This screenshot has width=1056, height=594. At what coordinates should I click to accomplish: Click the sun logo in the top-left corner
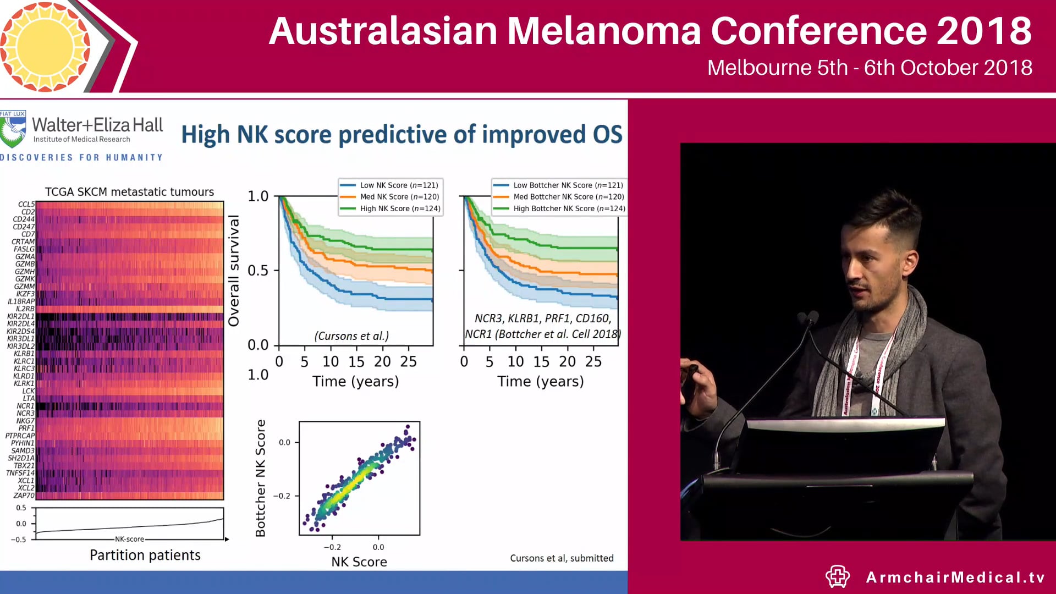point(45,46)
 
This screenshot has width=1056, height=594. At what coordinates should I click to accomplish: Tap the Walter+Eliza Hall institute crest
point(13,129)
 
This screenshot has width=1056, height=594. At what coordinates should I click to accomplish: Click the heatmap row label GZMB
point(25,264)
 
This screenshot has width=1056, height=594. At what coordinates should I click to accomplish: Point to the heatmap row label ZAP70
point(24,496)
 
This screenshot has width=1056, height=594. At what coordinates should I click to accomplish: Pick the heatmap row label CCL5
point(26,204)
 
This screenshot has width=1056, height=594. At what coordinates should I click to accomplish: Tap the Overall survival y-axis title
point(234,271)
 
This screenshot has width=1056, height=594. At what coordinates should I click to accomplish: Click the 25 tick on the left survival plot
point(408,361)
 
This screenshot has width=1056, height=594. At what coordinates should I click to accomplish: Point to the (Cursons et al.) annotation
point(351,336)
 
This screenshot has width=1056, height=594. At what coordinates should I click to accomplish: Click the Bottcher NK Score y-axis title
point(261,478)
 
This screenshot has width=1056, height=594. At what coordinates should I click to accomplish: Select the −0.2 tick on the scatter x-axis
point(332,547)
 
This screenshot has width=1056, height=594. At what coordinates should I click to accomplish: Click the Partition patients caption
point(145,555)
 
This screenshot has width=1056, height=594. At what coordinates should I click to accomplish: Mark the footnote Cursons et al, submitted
point(562,558)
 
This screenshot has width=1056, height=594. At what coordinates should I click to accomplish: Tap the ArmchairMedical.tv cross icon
point(838,576)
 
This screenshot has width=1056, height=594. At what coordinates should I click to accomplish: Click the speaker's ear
point(910,262)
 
